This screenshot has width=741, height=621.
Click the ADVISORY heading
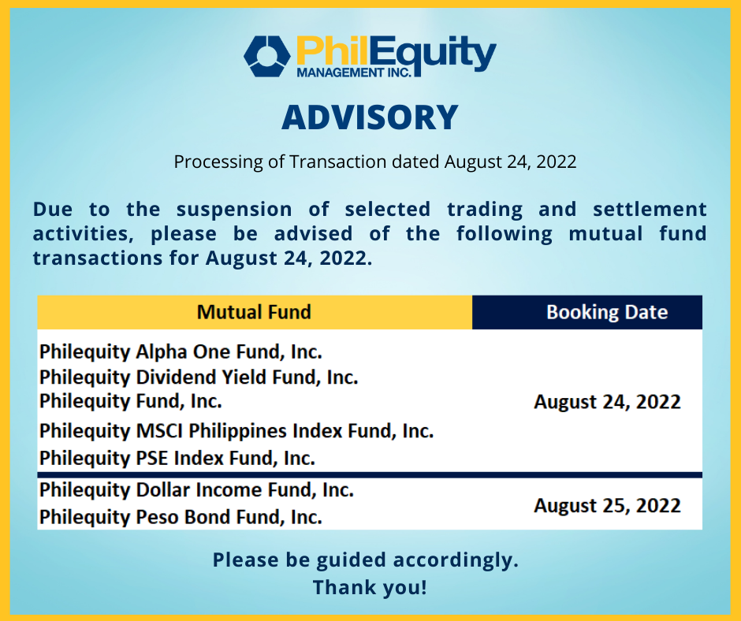pyautogui.click(x=370, y=117)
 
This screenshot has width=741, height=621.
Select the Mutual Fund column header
pyautogui.click(x=254, y=312)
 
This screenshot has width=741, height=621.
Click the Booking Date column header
pyautogui.click(x=606, y=312)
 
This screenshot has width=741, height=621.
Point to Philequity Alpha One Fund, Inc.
pyautogui.click(x=181, y=350)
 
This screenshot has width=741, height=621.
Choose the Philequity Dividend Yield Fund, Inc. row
pyautogui.click(x=199, y=377)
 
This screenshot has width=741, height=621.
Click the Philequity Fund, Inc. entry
pyautogui.click(x=130, y=401)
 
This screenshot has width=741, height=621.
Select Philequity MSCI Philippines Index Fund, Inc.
pyautogui.click(x=236, y=431)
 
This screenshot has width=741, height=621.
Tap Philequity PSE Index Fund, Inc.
pyautogui.click(x=177, y=458)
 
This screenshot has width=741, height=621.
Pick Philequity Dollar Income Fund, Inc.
pyautogui.click(x=196, y=490)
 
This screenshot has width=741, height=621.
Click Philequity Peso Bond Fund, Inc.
pyautogui.click(x=181, y=517)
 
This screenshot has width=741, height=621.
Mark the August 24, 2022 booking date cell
pyautogui.click(x=607, y=402)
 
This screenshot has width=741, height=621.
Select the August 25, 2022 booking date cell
pyautogui.click(x=607, y=505)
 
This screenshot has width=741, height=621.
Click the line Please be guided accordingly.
pyautogui.click(x=366, y=560)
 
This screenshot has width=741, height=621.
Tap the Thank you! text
pyautogui.click(x=370, y=587)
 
